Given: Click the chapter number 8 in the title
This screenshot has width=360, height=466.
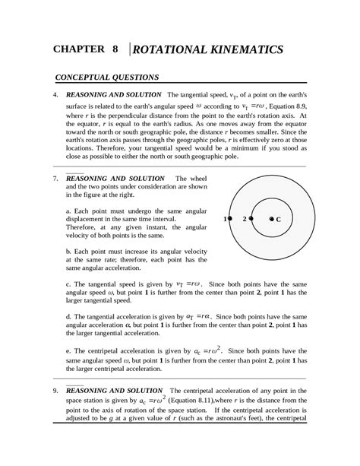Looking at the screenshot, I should [x=115, y=50].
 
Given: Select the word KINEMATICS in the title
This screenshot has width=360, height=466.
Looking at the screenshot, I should [x=242, y=50].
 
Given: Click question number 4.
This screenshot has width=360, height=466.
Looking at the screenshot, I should [x=55, y=95].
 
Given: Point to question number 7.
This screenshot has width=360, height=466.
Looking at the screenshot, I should [x=55, y=179].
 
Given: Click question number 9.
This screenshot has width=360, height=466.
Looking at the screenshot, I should [x=55, y=391].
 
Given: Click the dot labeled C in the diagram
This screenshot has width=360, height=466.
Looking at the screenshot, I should [x=271, y=218].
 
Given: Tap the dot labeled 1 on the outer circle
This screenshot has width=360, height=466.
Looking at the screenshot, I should [x=232, y=218].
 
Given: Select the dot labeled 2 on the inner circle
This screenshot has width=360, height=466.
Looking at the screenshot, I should [x=252, y=218].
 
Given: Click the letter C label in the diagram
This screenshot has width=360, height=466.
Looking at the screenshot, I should [x=279, y=219].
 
